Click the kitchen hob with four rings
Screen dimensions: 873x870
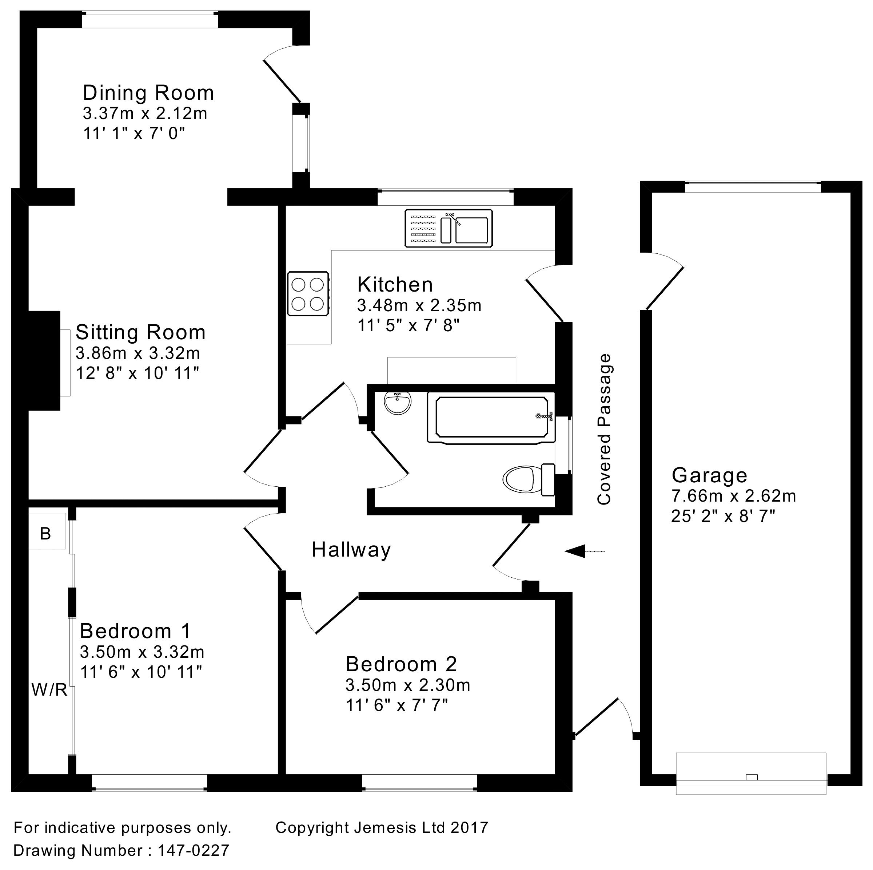(x=308, y=293)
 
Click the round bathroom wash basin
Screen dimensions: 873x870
(x=398, y=403)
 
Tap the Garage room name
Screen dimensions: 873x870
(x=709, y=475)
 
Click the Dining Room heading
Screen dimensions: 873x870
(x=148, y=93)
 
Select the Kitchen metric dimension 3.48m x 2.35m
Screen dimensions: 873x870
(x=419, y=306)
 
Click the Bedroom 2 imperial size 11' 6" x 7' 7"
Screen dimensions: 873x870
(x=396, y=705)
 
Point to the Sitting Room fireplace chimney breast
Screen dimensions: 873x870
(x=44, y=360)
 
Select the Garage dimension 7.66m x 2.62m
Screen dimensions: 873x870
(x=733, y=496)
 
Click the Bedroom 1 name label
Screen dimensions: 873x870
(x=136, y=631)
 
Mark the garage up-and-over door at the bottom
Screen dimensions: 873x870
(x=750, y=774)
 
